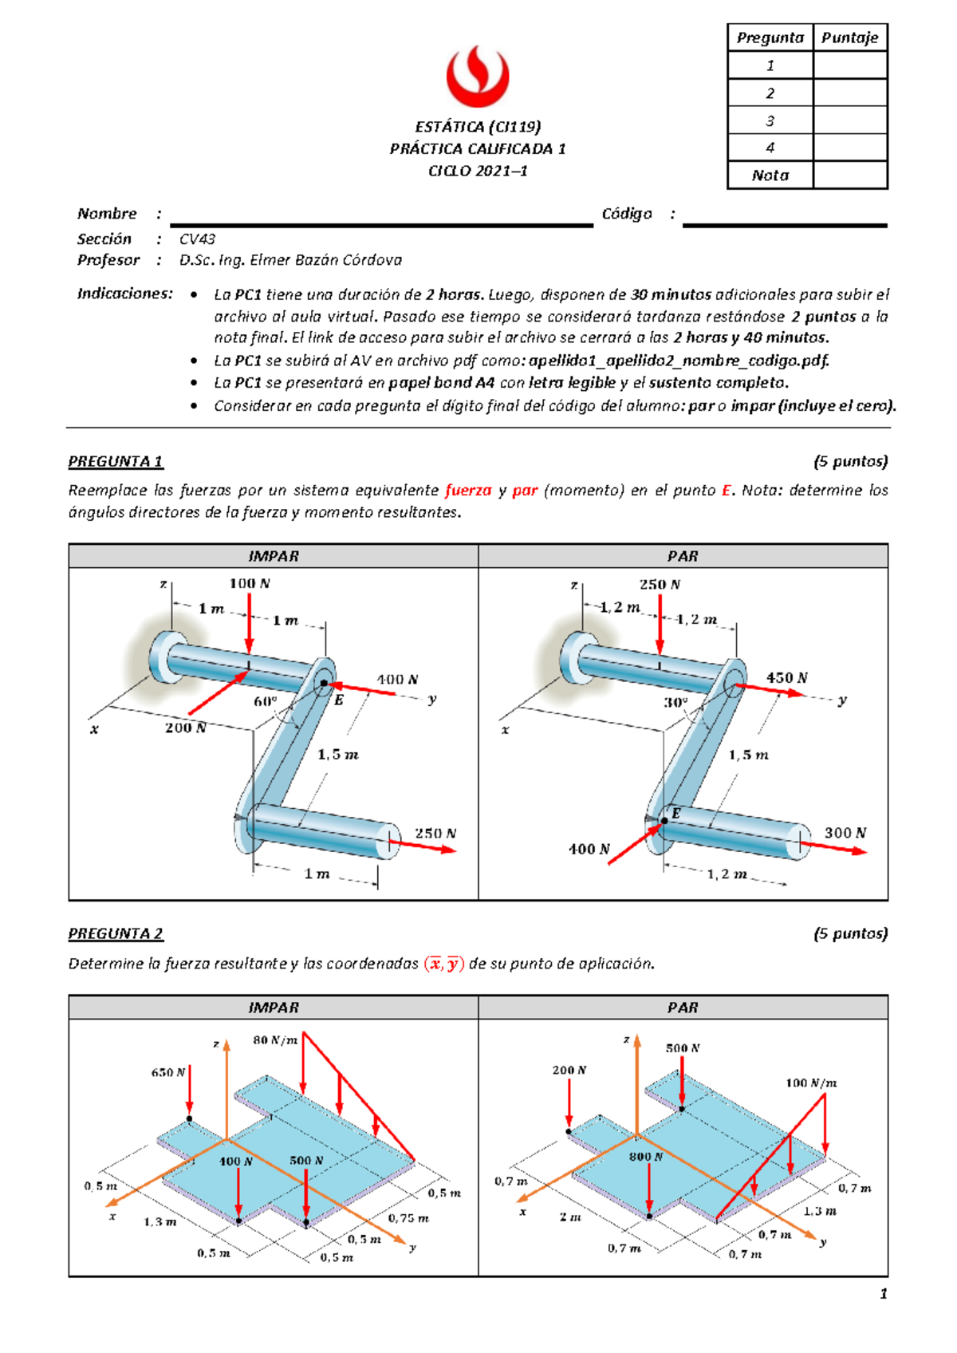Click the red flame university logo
click(x=477, y=77)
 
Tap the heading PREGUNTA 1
click(x=116, y=461)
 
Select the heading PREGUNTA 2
click(x=116, y=933)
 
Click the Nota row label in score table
click(x=770, y=176)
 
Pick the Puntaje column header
click(x=849, y=37)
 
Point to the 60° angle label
click(x=266, y=701)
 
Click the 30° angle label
click(x=675, y=702)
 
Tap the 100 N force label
click(x=250, y=583)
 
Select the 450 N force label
click(x=786, y=677)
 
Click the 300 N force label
click(x=845, y=832)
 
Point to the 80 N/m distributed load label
click(x=275, y=1039)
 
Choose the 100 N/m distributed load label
click(x=811, y=1083)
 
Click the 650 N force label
click(x=168, y=1072)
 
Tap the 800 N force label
click(x=646, y=1156)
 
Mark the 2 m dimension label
click(x=569, y=1217)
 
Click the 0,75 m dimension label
click(x=408, y=1218)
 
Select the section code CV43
click(x=197, y=239)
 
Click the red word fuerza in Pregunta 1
click(x=468, y=490)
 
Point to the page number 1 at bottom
click(x=883, y=1294)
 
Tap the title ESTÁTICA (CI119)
click(x=478, y=126)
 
